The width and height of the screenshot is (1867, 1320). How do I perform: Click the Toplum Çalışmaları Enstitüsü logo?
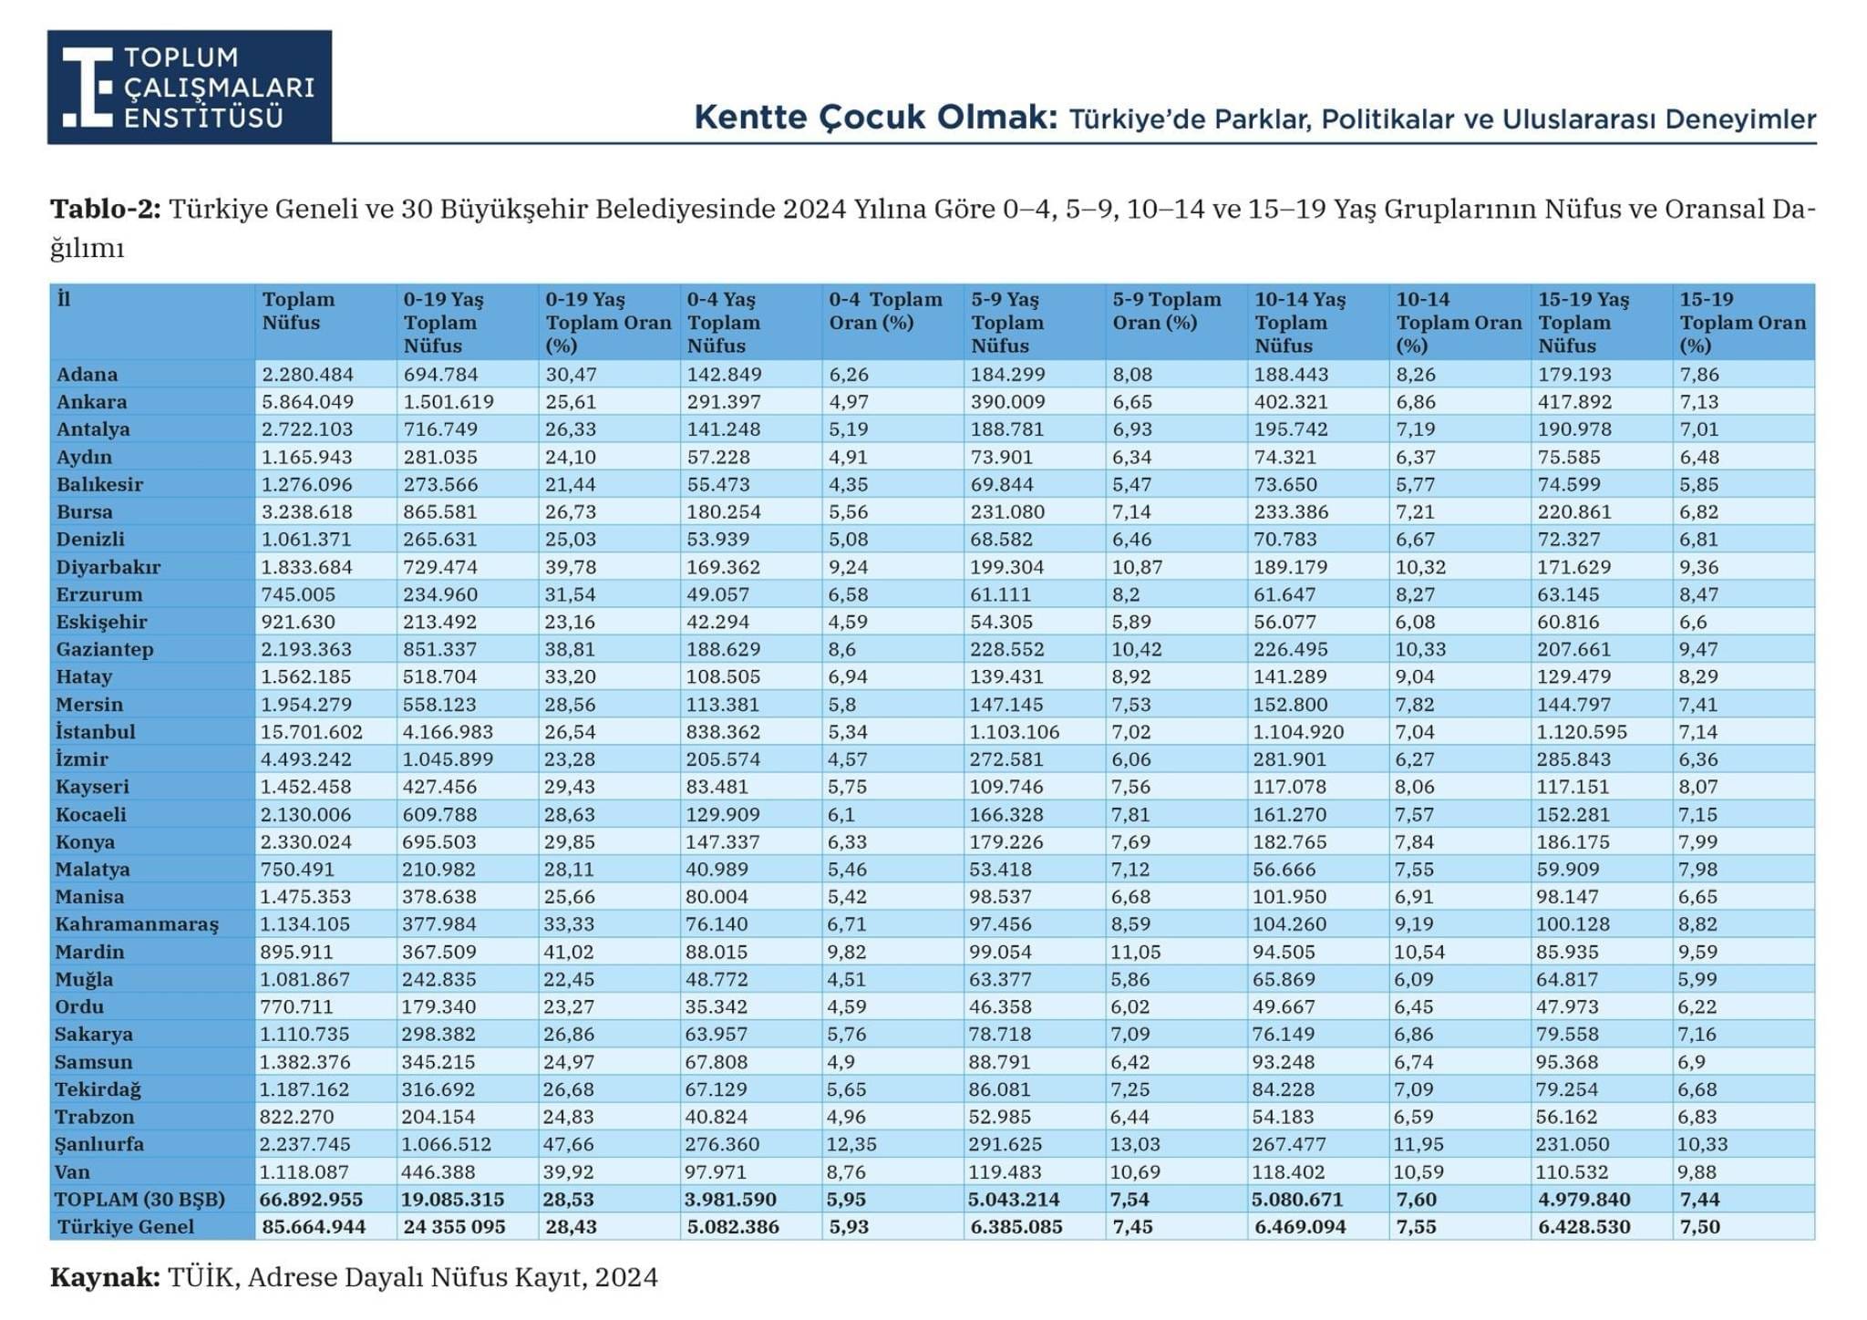pyautogui.click(x=190, y=87)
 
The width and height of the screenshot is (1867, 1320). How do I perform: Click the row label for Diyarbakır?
pyautogui.click(x=108, y=567)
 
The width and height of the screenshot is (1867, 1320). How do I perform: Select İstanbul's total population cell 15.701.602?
pyautogui.click(x=312, y=732)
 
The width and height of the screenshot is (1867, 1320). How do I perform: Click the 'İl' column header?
pyautogui.click(x=64, y=299)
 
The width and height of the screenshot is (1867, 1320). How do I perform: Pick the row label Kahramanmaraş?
pyautogui.click(x=137, y=924)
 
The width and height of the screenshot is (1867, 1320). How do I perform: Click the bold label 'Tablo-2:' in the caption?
pyautogui.click(x=105, y=210)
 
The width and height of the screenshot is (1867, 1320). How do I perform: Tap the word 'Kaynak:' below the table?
pyautogui.click(x=105, y=1277)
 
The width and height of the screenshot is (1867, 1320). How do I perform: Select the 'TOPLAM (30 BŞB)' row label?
pyautogui.click(x=139, y=1200)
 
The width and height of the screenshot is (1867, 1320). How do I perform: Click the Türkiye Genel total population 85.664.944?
pyautogui.click(x=314, y=1227)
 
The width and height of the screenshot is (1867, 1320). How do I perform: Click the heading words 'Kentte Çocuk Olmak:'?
pyautogui.click(x=875, y=118)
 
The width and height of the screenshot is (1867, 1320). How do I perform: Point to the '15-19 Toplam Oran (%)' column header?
pyautogui.click(x=1742, y=323)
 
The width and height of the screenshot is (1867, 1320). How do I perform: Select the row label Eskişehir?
pyautogui.click(x=101, y=622)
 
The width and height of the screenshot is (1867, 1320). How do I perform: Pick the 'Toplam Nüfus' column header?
pyautogui.click(x=298, y=311)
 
